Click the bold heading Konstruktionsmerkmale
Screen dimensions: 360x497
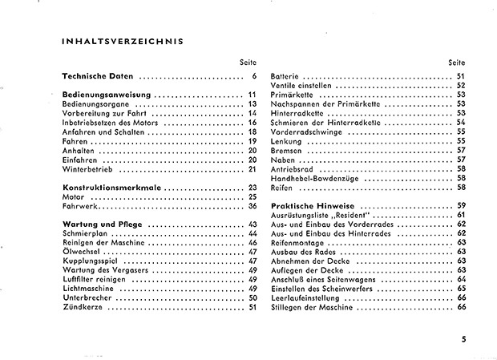click(x=112, y=188)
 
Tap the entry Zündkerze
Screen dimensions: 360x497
click(x=83, y=307)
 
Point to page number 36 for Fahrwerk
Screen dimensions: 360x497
click(x=252, y=206)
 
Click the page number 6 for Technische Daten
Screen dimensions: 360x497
click(x=253, y=76)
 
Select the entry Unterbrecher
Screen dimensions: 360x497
click(x=87, y=298)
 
